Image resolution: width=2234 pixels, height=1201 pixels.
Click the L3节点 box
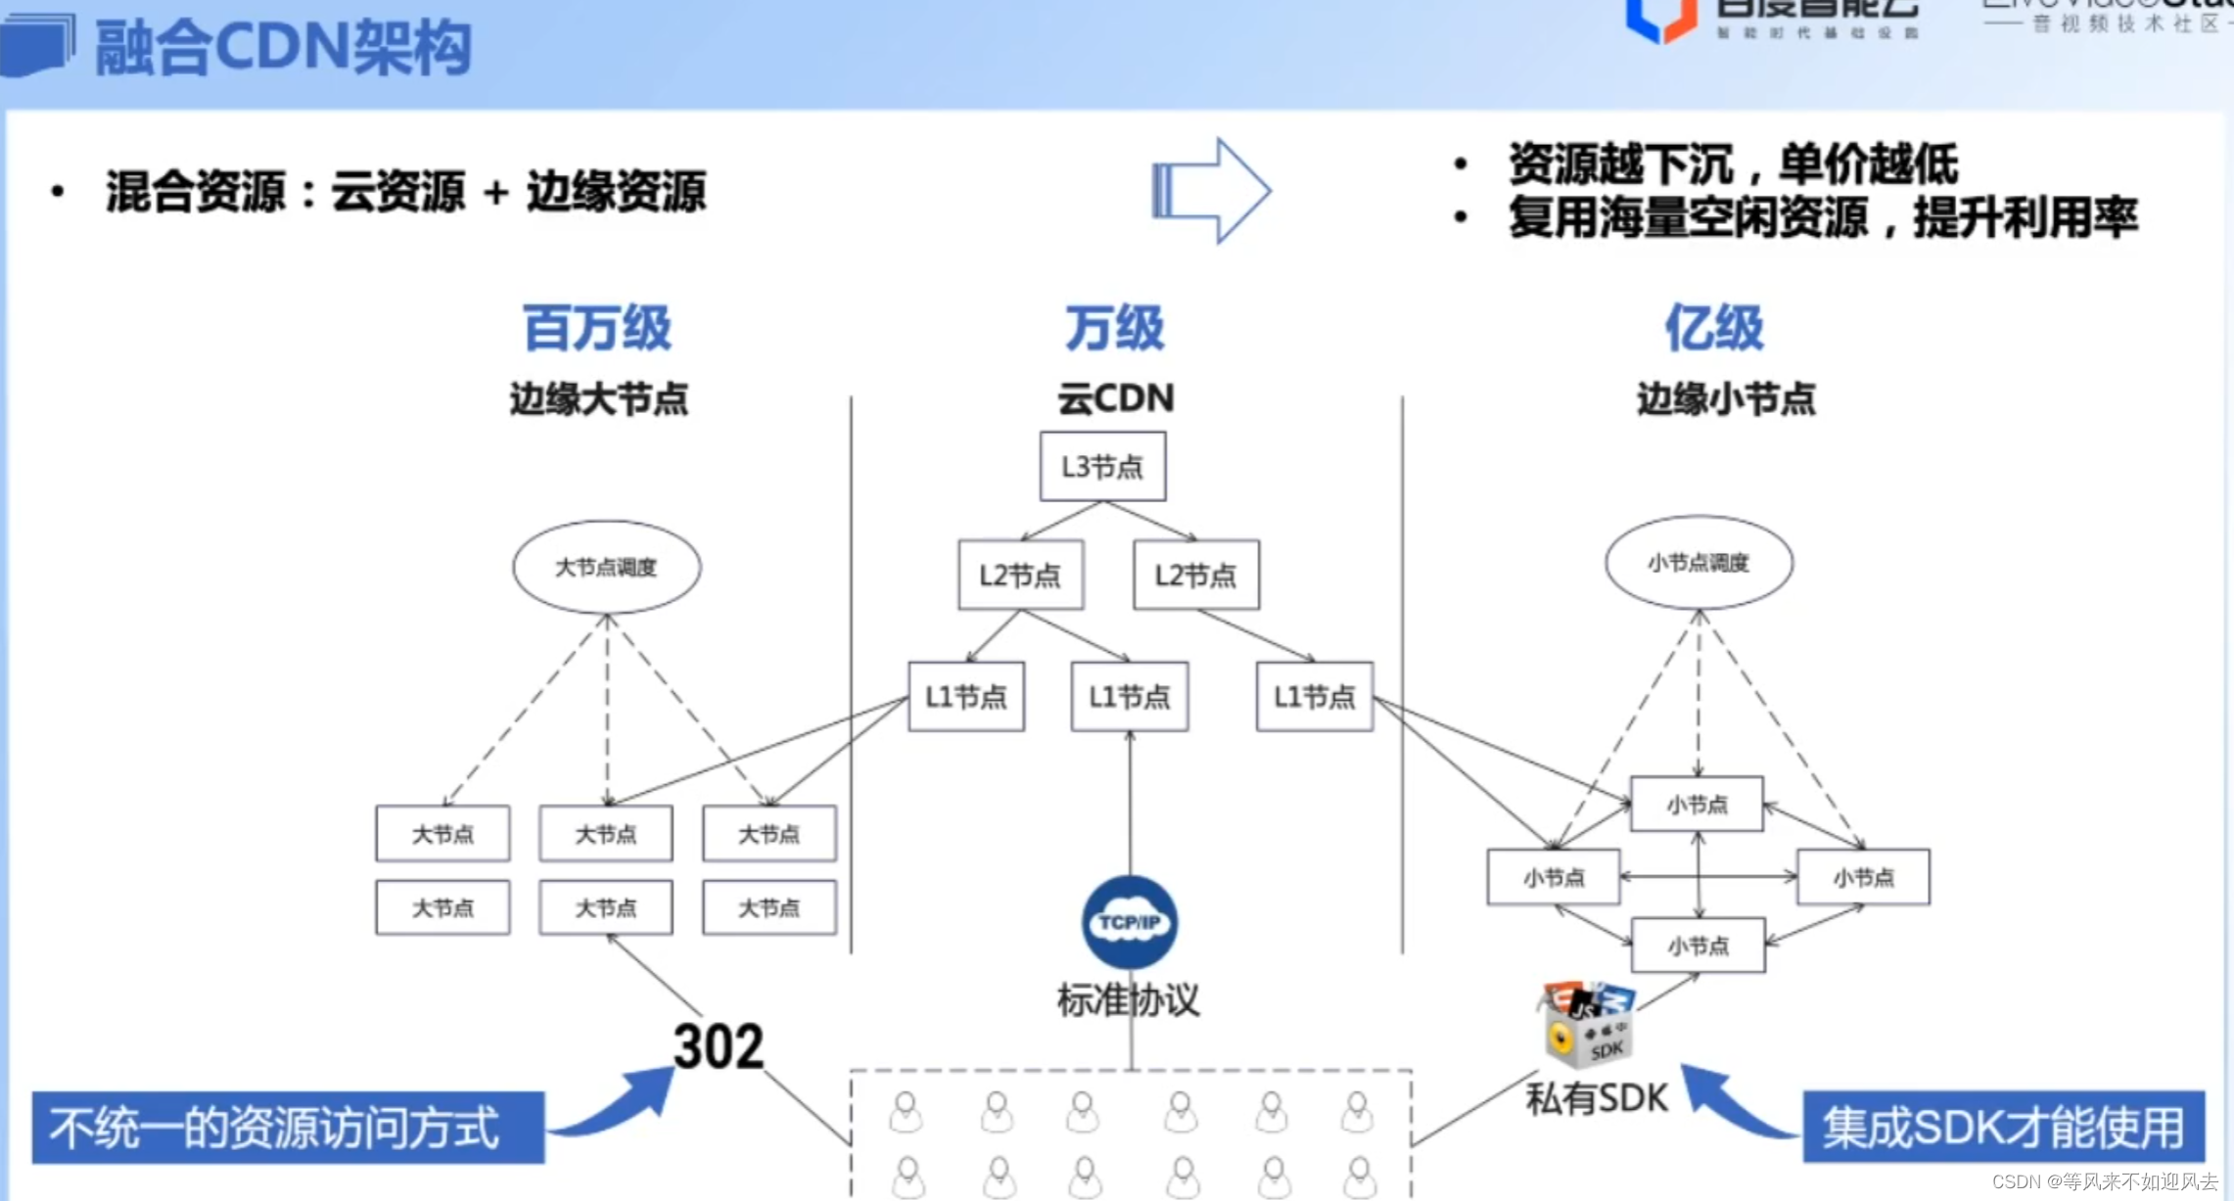coord(1102,467)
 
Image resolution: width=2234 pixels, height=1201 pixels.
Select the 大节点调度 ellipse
coord(606,567)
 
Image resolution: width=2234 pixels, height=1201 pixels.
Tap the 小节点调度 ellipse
coord(1699,563)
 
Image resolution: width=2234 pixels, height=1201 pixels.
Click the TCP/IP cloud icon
coord(1130,922)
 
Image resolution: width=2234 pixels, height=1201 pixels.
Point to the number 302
coord(718,1046)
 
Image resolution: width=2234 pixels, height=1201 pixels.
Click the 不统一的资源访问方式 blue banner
coord(288,1128)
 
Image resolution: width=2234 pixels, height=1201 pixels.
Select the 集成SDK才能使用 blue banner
coord(2003,1127)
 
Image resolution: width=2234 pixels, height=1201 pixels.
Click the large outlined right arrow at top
coord(1211,190)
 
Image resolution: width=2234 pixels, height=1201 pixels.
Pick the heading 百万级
coord(597,328)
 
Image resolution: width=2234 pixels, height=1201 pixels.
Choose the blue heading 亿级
coord(1714,328)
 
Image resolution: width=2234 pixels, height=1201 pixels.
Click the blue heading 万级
coord(1114,328)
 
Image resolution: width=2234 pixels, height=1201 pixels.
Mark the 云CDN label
coord(1115,398)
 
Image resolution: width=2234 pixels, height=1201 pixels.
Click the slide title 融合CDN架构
coord(283,47)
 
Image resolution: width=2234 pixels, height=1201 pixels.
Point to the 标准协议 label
coord(1128,999)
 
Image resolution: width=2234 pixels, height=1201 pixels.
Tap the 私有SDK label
coord(1597,1098)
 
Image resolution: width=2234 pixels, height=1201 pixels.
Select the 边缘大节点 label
coord(599,399)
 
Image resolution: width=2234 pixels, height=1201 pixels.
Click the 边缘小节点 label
coord(1726,399)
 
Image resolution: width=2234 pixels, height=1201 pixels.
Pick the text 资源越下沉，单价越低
coord(1733,163)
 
